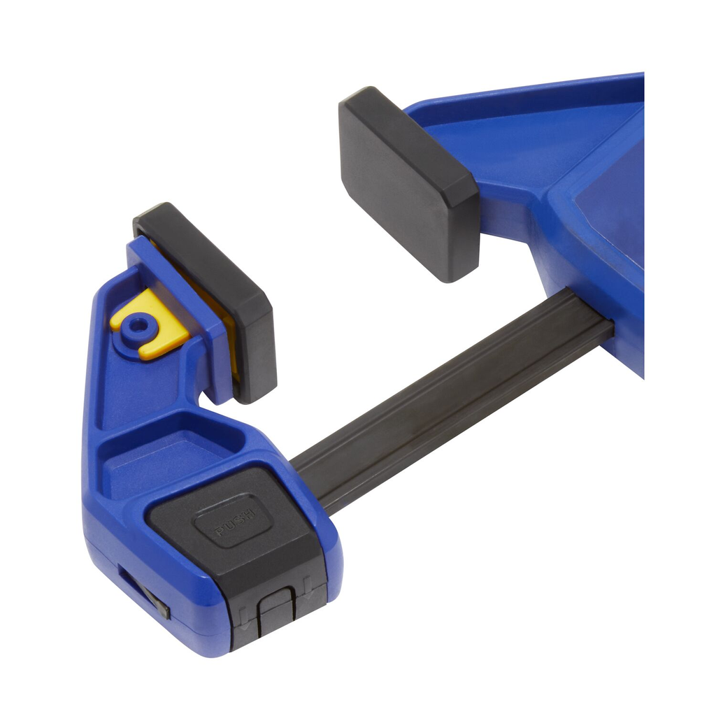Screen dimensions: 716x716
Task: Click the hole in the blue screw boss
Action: [x=135, y=326]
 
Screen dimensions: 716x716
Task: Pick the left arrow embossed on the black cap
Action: [x=244, y=618]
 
